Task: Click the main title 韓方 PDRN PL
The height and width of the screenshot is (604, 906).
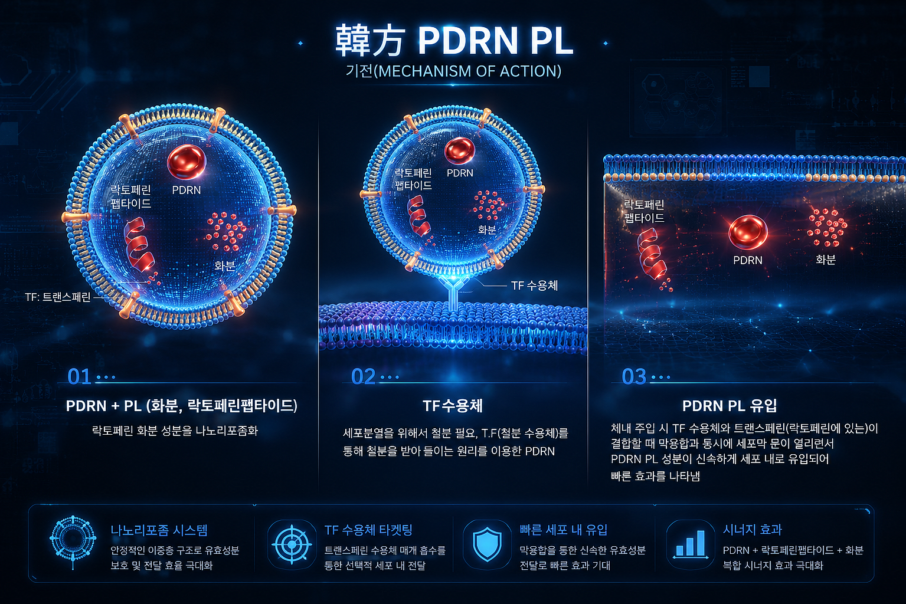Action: coord(454,41)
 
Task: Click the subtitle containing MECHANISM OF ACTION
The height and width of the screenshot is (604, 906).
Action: coord(453,71)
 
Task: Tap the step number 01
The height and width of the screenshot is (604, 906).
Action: coord(79,377)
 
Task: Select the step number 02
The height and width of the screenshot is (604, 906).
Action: coord(363,377)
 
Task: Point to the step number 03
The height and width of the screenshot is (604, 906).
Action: coord(634,377)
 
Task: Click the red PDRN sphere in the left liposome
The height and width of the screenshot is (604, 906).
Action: coord(187,162)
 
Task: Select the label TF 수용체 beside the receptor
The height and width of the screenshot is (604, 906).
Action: coord(534,286)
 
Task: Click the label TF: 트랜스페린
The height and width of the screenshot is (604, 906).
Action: coord(58,297)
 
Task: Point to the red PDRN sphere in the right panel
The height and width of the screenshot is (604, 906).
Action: coord(748,232)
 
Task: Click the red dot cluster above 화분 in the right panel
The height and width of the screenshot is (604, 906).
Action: coord(827,228)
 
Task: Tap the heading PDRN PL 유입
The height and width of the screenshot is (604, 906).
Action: coord(730,405)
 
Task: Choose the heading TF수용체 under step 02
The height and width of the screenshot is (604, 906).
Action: coord(453,405)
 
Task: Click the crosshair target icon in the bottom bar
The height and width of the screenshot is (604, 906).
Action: coord(292,545)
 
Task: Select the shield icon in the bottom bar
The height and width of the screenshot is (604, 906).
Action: coord(487,544)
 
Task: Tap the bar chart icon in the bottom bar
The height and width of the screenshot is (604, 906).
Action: coord(691,544)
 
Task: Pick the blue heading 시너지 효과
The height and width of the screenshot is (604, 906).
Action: coord(753,530)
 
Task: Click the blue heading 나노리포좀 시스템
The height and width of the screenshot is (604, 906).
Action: coord(159,530)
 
